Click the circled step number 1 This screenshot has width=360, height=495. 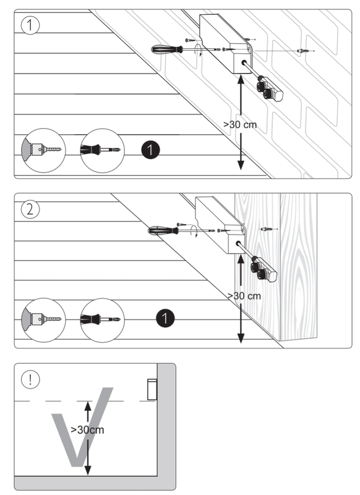pos(28,25)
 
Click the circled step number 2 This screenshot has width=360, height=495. pos(28,209)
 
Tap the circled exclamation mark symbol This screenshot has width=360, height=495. pos(28,379)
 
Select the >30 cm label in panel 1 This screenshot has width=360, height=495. pos(240,124)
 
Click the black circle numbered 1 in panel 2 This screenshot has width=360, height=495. pos(164,318)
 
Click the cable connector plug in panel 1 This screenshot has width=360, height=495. pos(270,89)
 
